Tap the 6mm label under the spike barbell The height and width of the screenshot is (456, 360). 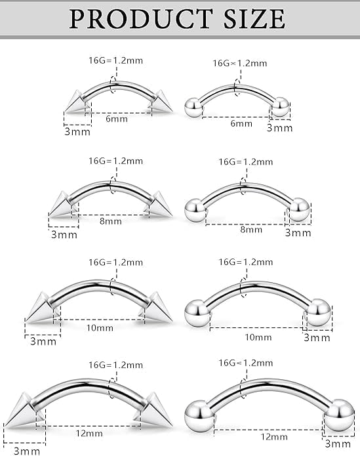111,119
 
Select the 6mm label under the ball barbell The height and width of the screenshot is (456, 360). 241,124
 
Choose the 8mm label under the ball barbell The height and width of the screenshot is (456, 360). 251,230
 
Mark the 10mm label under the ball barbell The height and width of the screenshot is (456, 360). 258,337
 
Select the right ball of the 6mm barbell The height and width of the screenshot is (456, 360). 281,106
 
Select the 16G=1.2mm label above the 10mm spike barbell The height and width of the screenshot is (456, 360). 115,262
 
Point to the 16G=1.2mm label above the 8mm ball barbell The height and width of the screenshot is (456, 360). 245,161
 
